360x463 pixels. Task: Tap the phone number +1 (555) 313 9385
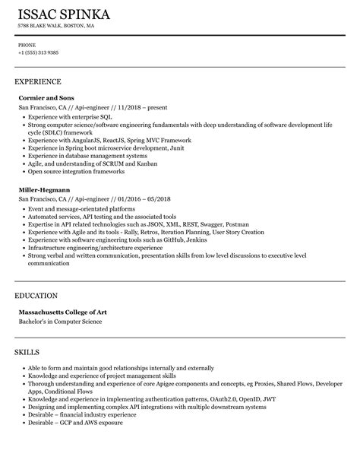39,52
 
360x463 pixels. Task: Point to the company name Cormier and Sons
47,99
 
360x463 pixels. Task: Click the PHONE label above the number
27,44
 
